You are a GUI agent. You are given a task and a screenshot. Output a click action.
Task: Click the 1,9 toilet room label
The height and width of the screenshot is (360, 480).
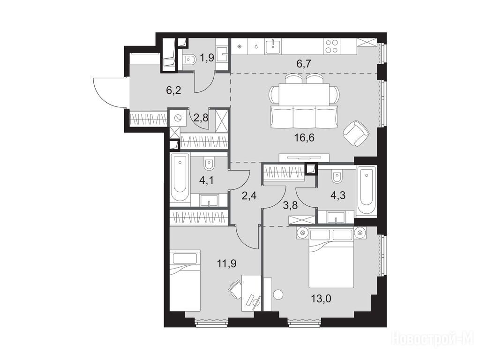(x=207, y=58)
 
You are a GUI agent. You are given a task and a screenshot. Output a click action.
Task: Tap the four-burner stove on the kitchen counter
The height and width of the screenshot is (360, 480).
(x=332, y=47)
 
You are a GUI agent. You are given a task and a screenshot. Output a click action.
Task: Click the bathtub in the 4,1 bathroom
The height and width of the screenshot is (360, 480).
(x=180, y=178)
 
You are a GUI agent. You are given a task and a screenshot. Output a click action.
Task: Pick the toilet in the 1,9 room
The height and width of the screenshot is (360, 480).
(x=189, y=60)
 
